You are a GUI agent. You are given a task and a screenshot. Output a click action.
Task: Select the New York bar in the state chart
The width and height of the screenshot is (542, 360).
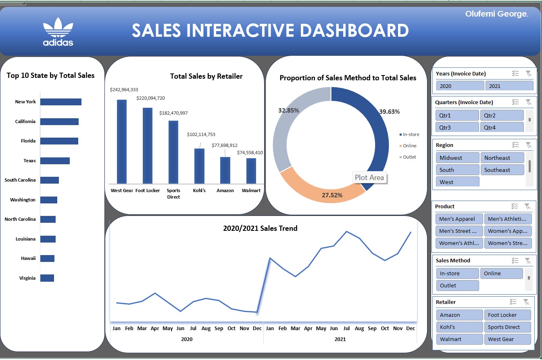(x=61, y=102)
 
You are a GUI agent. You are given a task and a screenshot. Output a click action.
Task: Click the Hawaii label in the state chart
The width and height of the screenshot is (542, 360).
(x=28, y=258)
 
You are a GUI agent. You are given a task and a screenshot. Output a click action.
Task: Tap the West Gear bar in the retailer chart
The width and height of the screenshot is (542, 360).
(x=122, y=141)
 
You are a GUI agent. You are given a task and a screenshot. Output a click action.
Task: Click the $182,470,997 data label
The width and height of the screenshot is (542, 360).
(x=173, y=113)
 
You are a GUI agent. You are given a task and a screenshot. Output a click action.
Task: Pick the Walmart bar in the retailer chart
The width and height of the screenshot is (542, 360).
(x=251, y=171)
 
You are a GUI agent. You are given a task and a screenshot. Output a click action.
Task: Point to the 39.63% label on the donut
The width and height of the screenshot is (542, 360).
(x=389, y=112)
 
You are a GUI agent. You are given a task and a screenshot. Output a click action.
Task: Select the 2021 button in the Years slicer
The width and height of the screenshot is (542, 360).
(x=509, y=86)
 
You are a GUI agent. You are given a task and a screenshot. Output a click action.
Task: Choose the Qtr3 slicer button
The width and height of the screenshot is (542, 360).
(x=457, y=127)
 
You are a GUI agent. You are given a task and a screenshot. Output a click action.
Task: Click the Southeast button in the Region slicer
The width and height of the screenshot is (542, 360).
(x=502, y=170)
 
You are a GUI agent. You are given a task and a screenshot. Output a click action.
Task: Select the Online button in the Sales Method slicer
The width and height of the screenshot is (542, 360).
(x=501, y=273)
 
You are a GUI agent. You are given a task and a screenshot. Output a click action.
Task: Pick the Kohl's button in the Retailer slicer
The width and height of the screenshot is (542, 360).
(x=459, y=327)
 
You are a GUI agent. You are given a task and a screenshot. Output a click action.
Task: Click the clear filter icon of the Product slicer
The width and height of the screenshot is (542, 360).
(x=527, y=206)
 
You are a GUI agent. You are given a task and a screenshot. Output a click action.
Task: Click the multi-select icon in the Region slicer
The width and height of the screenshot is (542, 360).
(x=515, y=145)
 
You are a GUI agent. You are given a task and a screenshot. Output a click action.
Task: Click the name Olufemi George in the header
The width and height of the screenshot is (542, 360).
(x=496, y=14)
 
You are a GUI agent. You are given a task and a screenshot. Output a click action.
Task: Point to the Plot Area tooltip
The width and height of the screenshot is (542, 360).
(x=369, y=178)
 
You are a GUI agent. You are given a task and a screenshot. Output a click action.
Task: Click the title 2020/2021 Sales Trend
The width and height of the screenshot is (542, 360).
(x=260, y=228)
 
